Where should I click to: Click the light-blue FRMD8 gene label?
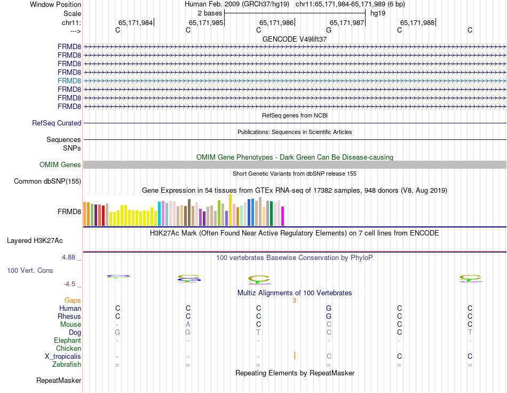point(69,81)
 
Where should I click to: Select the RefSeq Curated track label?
point(57,123)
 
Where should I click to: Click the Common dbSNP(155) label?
point(47,182)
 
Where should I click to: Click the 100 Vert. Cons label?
point(30,271)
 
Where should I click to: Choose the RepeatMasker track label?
point(59,381)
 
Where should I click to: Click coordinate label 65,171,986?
point(276,22)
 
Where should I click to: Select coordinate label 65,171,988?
point(417,22)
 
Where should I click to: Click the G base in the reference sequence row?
point(329,30)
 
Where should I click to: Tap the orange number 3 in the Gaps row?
point(294,301)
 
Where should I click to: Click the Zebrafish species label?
point(67,365)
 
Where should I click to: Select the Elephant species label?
point(67,341)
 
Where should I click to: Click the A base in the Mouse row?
point(188,325)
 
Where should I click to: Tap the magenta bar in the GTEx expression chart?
point(283,216)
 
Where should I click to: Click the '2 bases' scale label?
point(210,13)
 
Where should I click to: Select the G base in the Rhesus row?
point(329,317)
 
